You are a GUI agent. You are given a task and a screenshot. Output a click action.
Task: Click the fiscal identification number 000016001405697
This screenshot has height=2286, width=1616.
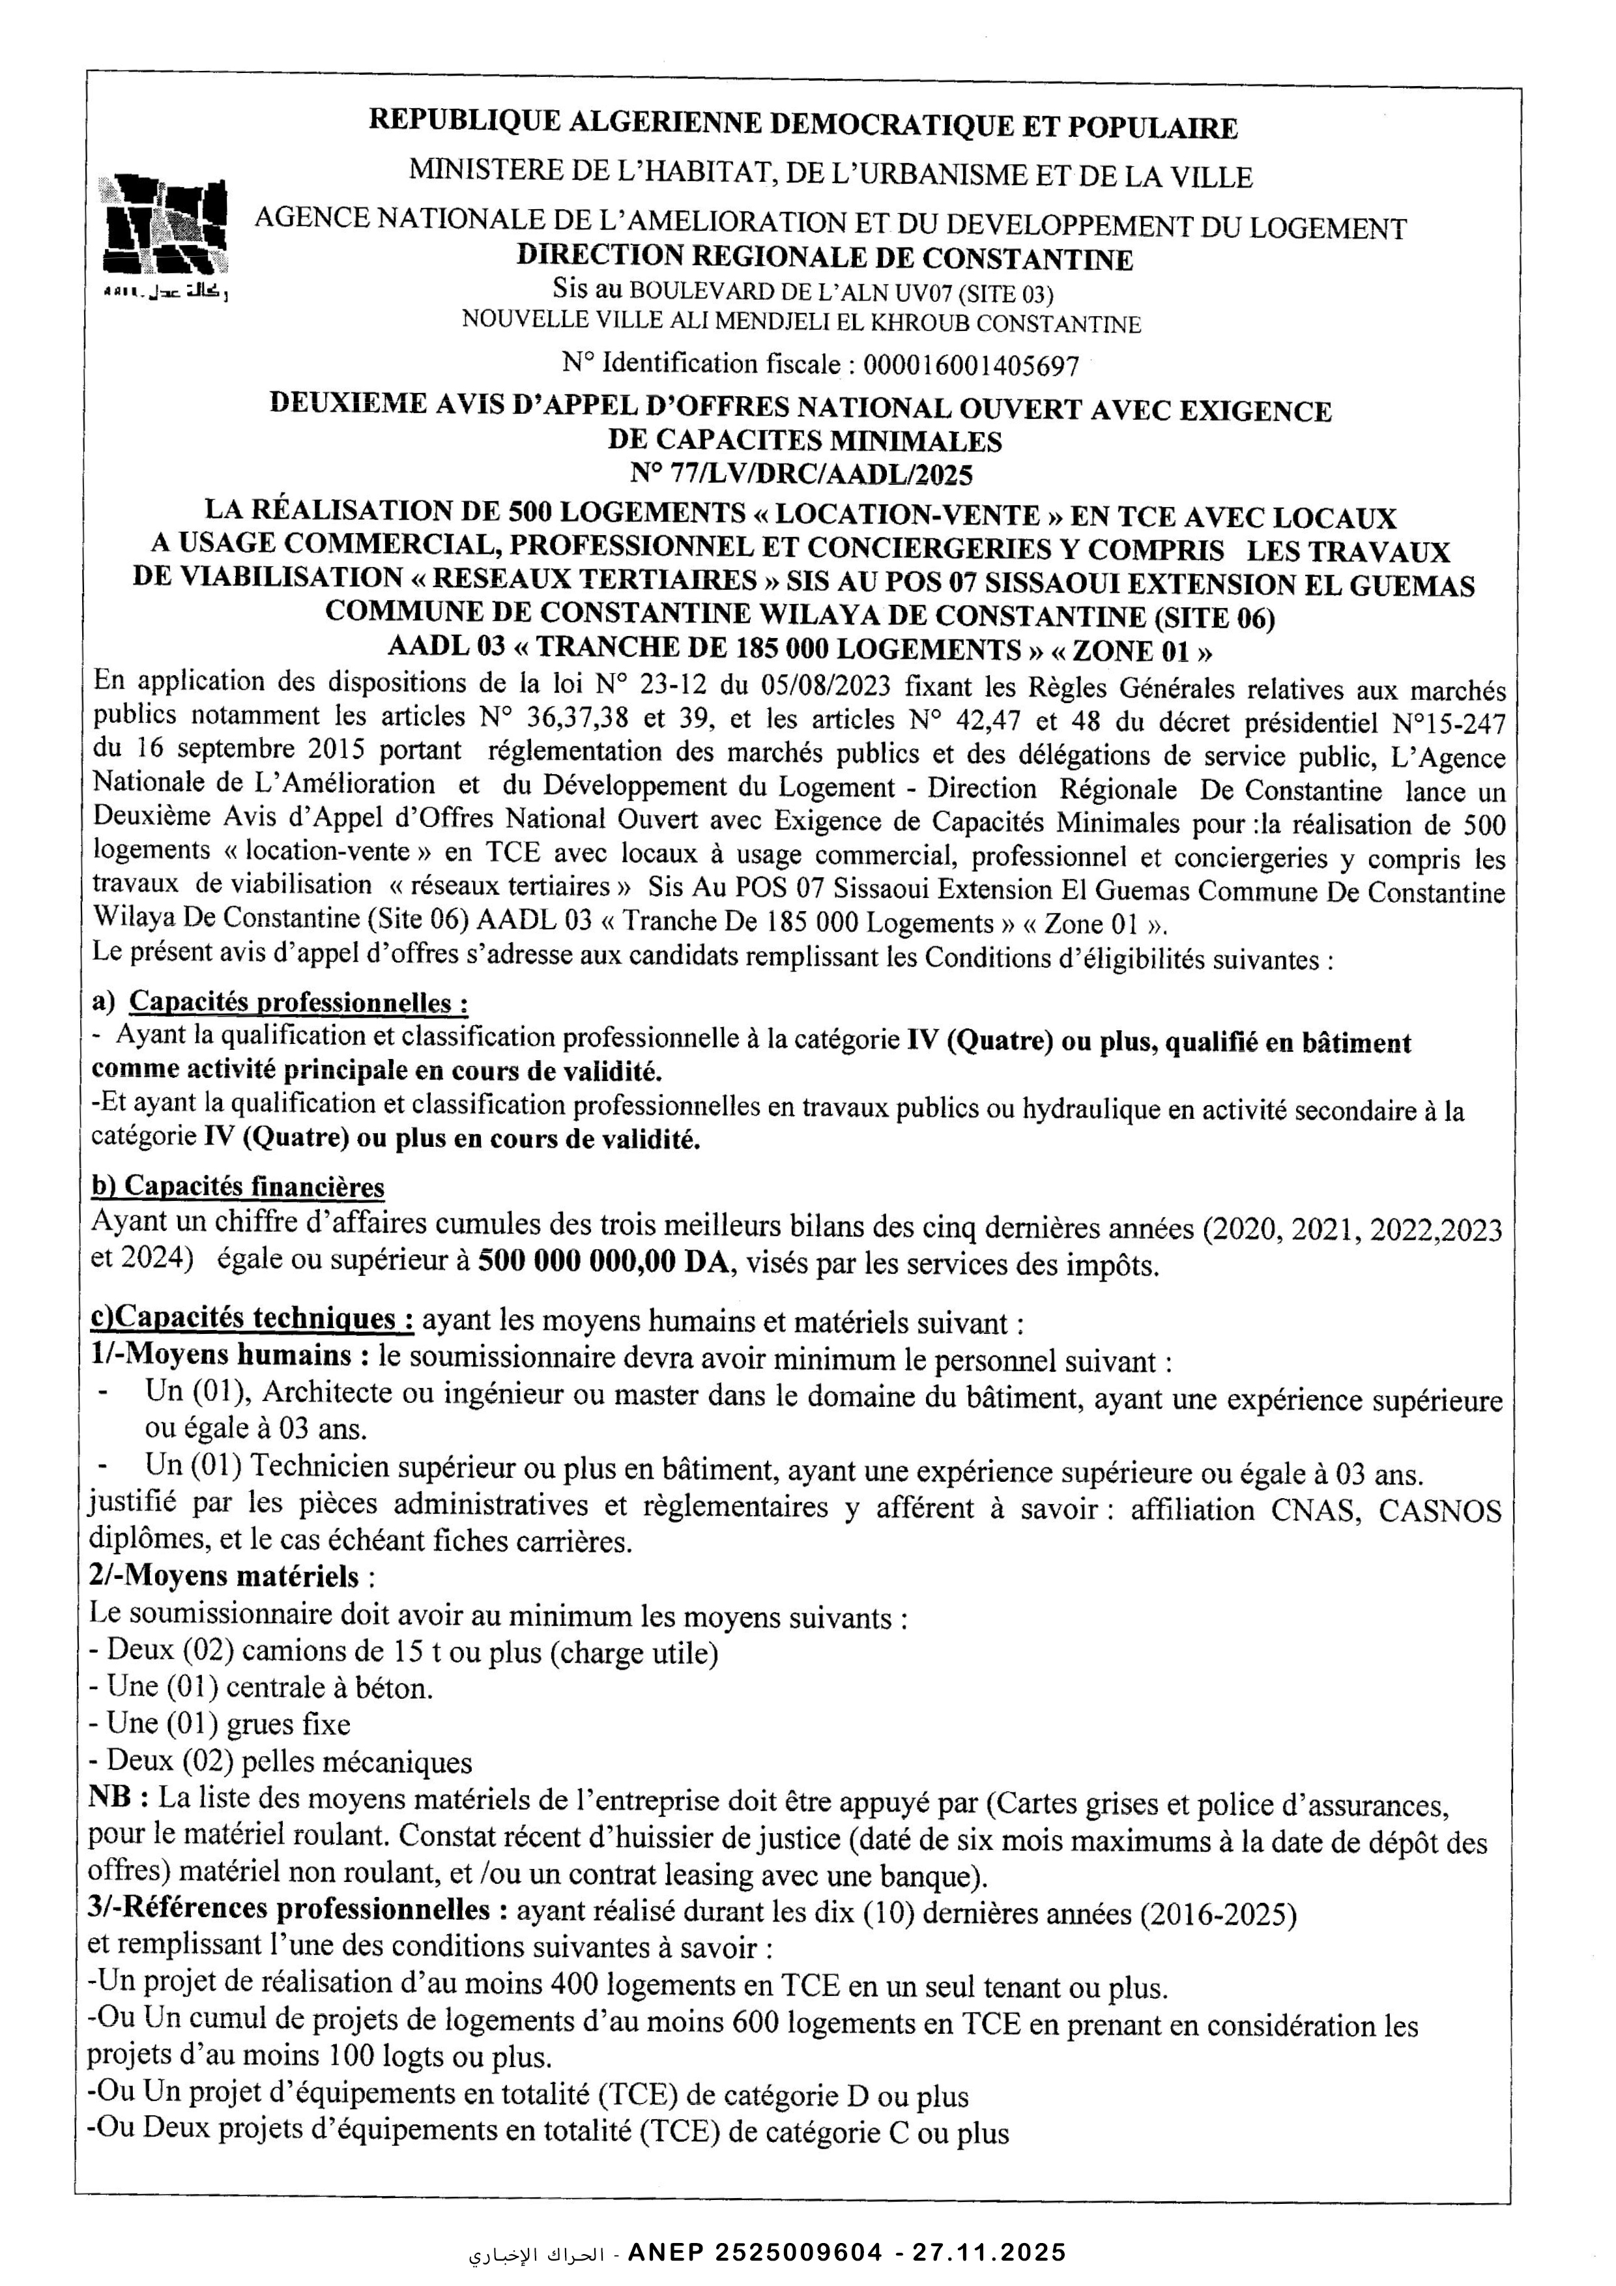pyautogui.click(x=971, y=366)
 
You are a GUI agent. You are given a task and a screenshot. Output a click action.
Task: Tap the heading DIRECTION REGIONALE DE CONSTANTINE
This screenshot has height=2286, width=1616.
pyautogui.click(x=824, y=259)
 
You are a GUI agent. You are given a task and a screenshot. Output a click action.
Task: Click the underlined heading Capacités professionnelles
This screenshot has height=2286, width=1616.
pyautogui.click(x=298, y=1002)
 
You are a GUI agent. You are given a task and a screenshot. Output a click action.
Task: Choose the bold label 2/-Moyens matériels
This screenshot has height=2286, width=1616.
pyautogui.click(x=224, y=1577)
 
